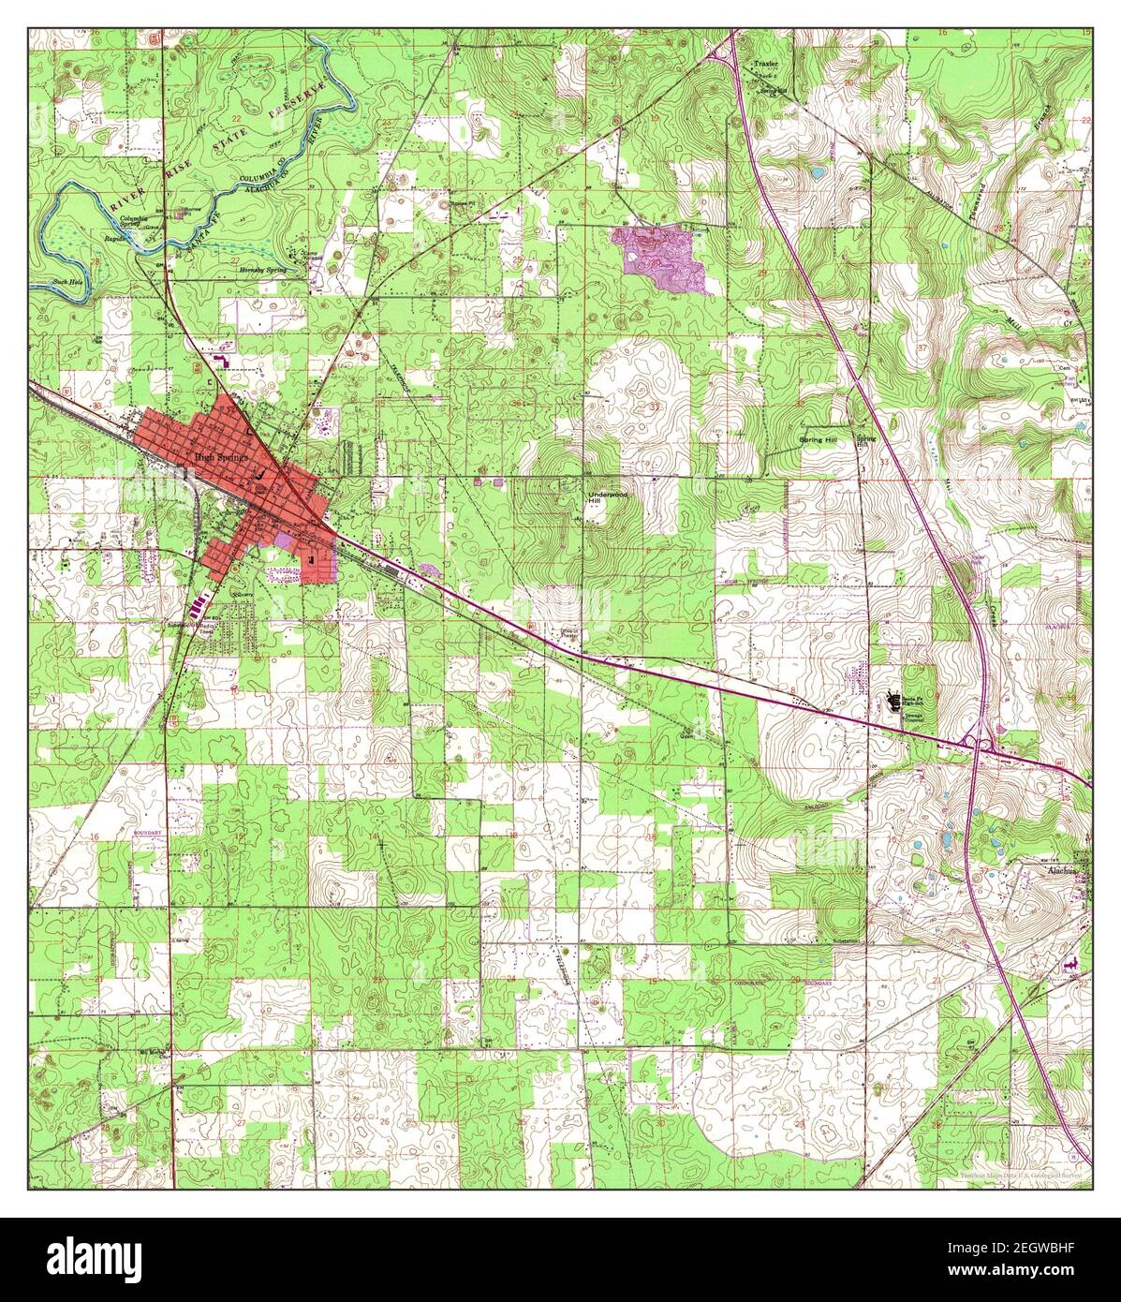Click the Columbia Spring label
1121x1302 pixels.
pos(136,223)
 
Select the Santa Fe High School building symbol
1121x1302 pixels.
pos(892,699)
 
